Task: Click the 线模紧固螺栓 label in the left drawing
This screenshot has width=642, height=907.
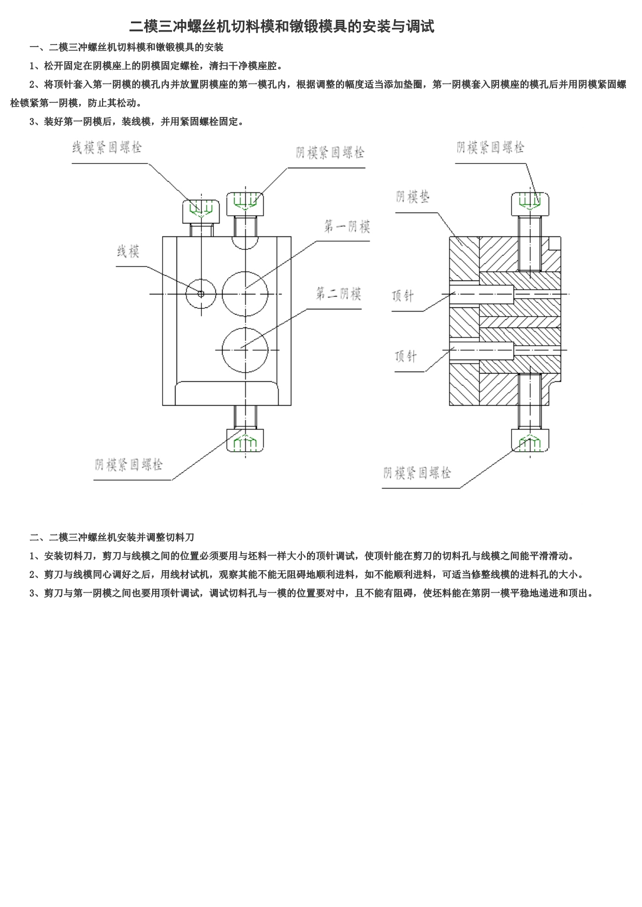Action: click(107, 148)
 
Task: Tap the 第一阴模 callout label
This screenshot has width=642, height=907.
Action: click(347, 227)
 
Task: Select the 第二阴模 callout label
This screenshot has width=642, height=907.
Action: click(339, 294)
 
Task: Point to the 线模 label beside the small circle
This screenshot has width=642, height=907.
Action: click(128, 252)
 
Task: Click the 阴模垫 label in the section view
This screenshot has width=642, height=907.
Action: click(413, 197)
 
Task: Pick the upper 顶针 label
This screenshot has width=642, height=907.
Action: click(403, 296)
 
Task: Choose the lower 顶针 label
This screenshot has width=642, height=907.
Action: click(405, 356)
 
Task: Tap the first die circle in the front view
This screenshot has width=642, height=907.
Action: click(245, 271)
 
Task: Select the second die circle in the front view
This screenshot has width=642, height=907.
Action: click(245, 327)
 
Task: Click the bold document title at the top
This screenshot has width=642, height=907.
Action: click(282, 26)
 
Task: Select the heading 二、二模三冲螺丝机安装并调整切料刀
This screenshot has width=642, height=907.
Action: click(112, 537)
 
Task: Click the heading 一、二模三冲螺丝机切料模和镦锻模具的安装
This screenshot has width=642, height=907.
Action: click(126, 48)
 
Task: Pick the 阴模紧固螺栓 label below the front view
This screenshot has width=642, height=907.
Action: click(128, 464)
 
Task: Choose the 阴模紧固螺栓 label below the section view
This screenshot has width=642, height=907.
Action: click(417, 472)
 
